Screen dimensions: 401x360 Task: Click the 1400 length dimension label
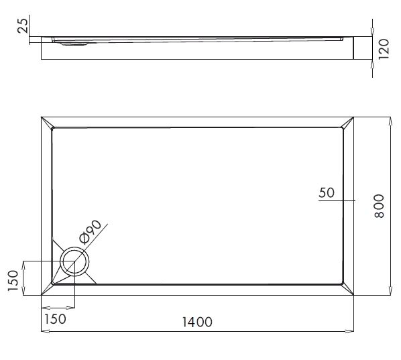pos(197,322)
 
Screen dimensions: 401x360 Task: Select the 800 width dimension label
pos(380,206)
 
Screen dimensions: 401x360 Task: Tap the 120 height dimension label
pos(384,49)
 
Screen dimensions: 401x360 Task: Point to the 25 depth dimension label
pos(23,26)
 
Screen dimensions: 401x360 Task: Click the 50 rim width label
pos(327,193)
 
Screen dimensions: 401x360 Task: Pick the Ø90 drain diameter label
pos(90,232)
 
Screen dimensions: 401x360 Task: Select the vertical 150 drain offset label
pos(13,281)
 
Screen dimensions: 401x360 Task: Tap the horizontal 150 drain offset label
pos(55,319)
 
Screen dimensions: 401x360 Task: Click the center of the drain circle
pos(74,261)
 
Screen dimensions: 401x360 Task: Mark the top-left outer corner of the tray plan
pos(42,117)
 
